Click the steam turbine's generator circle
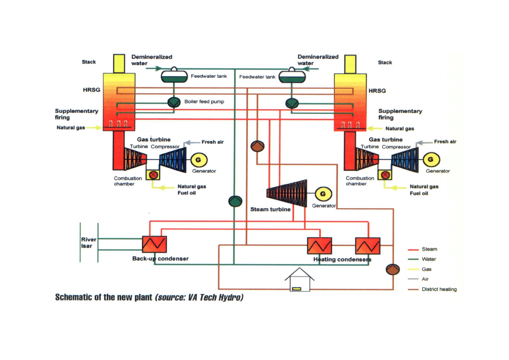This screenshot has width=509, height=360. pos(323,194)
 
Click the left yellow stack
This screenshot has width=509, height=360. pos(119,63)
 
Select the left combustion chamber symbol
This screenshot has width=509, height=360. pos(153,175)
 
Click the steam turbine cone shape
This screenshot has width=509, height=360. pos(287,193)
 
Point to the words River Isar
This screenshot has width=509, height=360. pos(89,243)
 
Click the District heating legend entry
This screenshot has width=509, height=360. pos(439,289)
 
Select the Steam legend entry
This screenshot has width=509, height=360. pos(429,249)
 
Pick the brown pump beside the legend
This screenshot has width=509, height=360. pos(393,269)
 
